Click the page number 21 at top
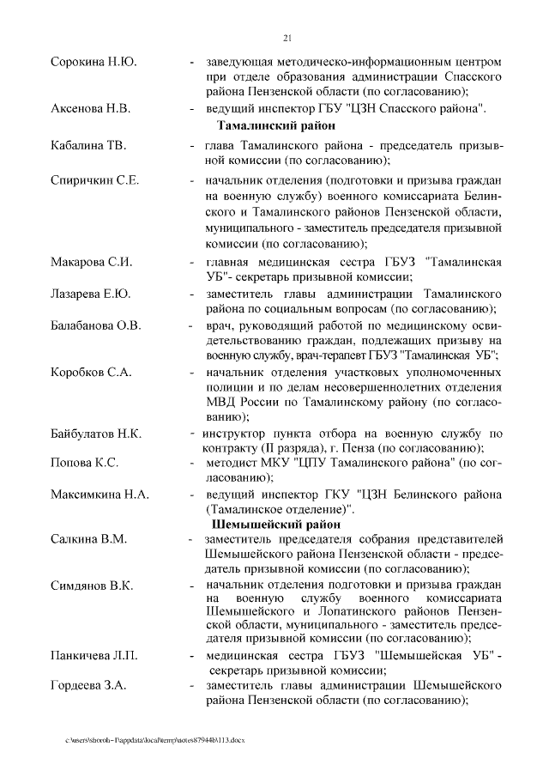287,37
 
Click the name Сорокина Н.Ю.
94,64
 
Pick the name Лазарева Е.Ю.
91,294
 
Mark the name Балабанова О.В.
96,326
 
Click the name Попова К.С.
85,464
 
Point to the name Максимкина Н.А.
100,495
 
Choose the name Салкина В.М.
88,539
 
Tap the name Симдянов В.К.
92,586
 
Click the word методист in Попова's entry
232,464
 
